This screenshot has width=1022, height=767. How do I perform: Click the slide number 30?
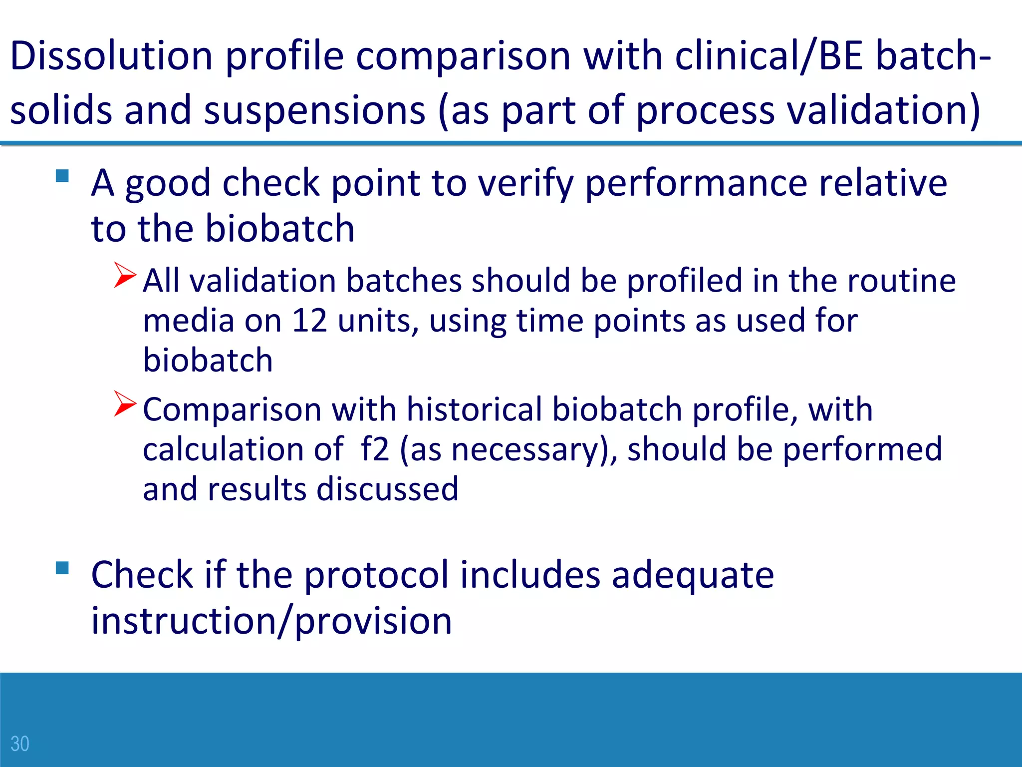click(x=20, y=744)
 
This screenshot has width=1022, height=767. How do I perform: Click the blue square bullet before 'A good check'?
click(x=62, y=176)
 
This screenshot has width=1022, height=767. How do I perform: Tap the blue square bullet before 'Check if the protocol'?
click(x=62, y=568)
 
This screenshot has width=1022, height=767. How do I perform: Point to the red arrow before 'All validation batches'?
click(x=124, y=275)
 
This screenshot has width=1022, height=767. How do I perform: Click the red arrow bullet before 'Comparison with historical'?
click(x=124, y=403)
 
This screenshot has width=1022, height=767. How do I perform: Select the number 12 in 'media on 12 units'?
click(x=309, y=321)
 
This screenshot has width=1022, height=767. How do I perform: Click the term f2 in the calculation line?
click(x=374, y=449)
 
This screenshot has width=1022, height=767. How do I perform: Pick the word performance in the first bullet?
click(x=696, y=183)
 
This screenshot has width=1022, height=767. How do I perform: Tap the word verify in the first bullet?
click(x=526, y=183)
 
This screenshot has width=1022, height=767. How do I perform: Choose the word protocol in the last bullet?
click(x=377, y=575)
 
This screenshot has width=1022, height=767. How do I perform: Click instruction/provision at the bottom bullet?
click(x=271, y=621)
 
